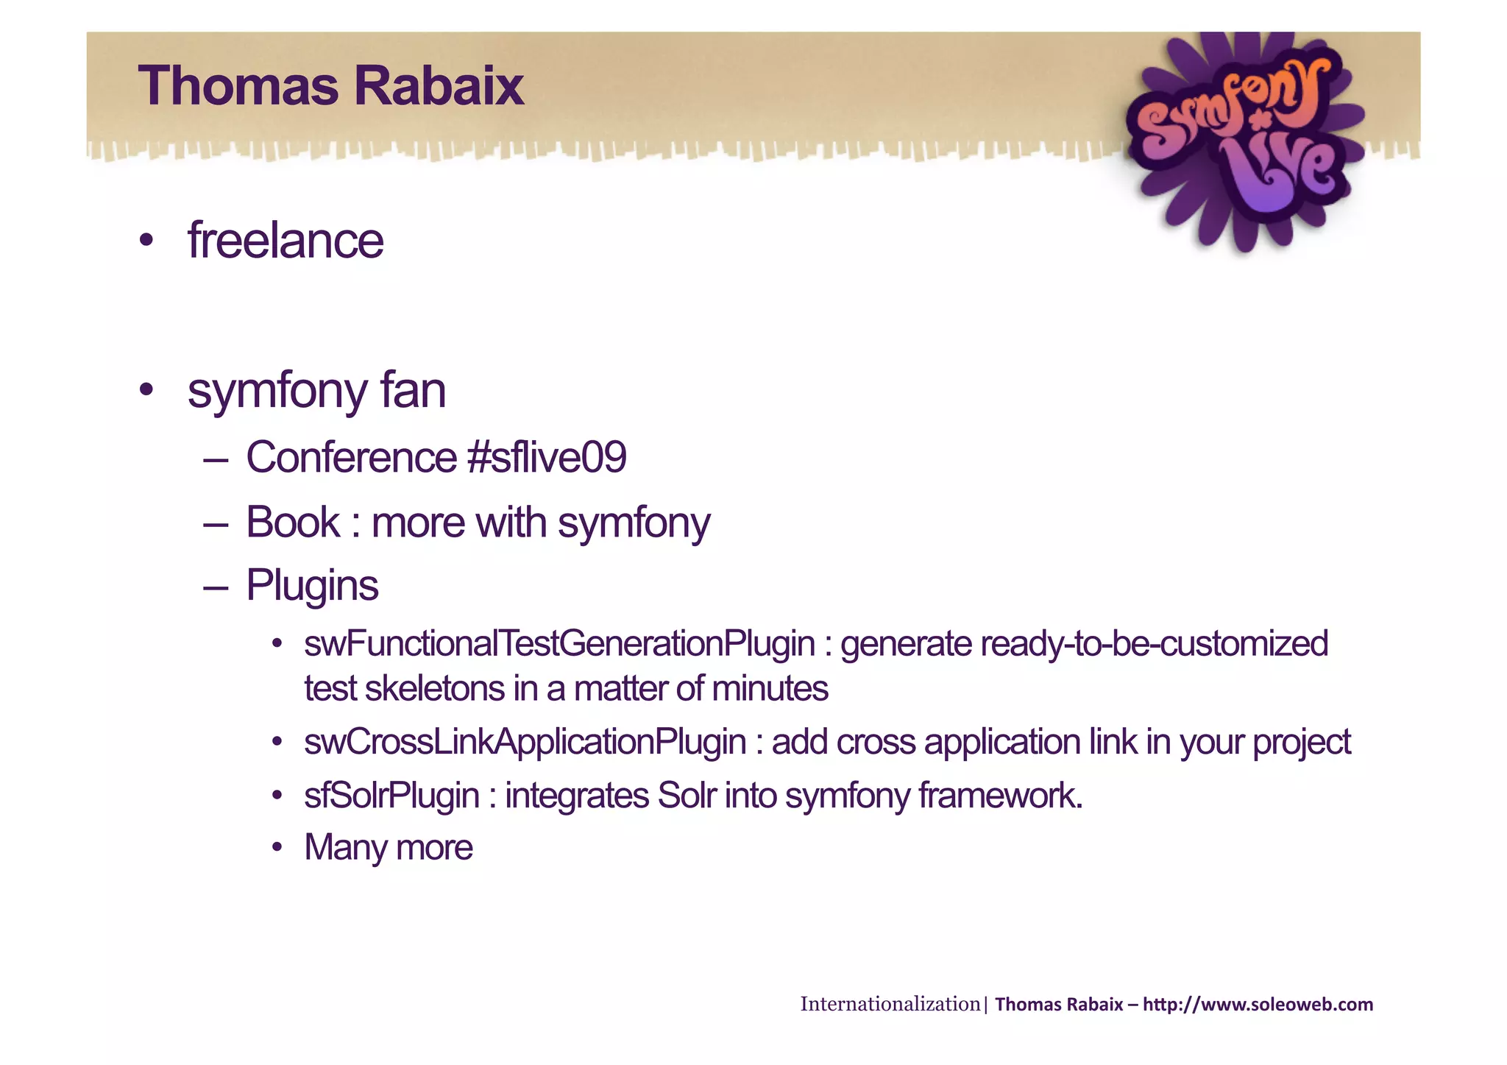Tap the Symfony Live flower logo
tap(1244, 140)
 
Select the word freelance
tap(286, 241)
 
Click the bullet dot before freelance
tap(146, 241)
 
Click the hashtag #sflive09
tap(547, 457)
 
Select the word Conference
tap(351, 457)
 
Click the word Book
tap(293, 523)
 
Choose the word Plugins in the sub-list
tap(312, 586)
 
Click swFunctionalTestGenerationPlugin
tap(559, 644)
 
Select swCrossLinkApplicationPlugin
tap(525, 742)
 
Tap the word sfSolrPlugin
tap(391, 796)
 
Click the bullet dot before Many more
tap(277, 848)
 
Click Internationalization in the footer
tap(890, 1004)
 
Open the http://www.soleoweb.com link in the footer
tap(1258, 1005)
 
